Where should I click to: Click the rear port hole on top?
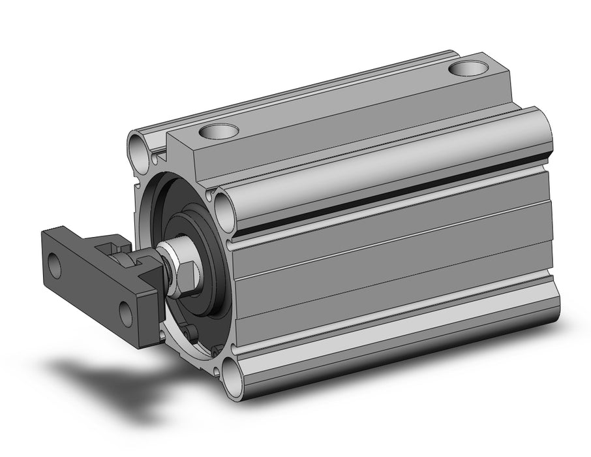click(468, 69)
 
